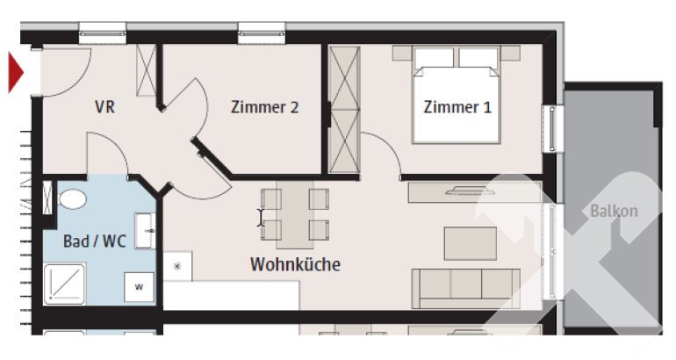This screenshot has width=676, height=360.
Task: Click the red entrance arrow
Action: click(15, 72)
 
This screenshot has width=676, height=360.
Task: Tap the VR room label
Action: click(104, 107)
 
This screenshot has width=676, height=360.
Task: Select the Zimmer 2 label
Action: click(265, 107)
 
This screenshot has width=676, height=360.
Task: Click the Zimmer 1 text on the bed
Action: click(457, 107)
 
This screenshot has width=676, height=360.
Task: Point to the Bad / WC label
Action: click(95, 241)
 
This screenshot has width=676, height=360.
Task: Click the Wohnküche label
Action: click(295, 264)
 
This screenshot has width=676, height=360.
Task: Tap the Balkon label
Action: click(614, 211)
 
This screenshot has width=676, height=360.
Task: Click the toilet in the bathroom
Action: click(72, 199)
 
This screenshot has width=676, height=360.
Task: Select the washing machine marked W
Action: click(139, 287)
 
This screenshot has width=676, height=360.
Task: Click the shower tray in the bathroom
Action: click(64, 284)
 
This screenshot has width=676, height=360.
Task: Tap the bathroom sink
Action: click(145, 231)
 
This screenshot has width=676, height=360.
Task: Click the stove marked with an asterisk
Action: click(177, 266)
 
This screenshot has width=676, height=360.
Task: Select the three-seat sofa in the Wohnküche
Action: click(465, 288)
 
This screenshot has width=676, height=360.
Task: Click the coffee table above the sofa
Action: click(471, 243)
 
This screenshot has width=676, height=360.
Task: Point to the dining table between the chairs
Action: click(295, 214)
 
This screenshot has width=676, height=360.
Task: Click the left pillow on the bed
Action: click(435, 57)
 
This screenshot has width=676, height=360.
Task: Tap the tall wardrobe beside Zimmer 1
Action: click(344, 110)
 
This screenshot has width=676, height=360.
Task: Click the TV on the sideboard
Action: click(466, 191)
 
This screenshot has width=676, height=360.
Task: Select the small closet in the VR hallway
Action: click(146, 70)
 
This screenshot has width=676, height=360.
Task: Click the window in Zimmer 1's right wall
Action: click(553, 128)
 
